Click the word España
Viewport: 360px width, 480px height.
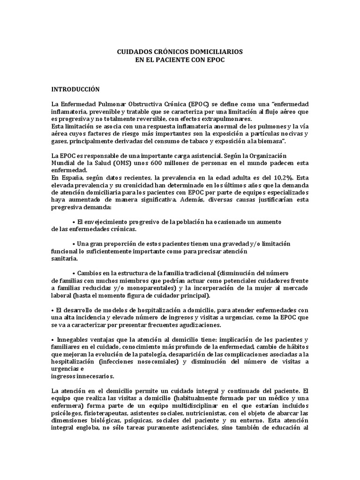pos(71,178)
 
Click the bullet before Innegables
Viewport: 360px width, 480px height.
pos(52,340)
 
